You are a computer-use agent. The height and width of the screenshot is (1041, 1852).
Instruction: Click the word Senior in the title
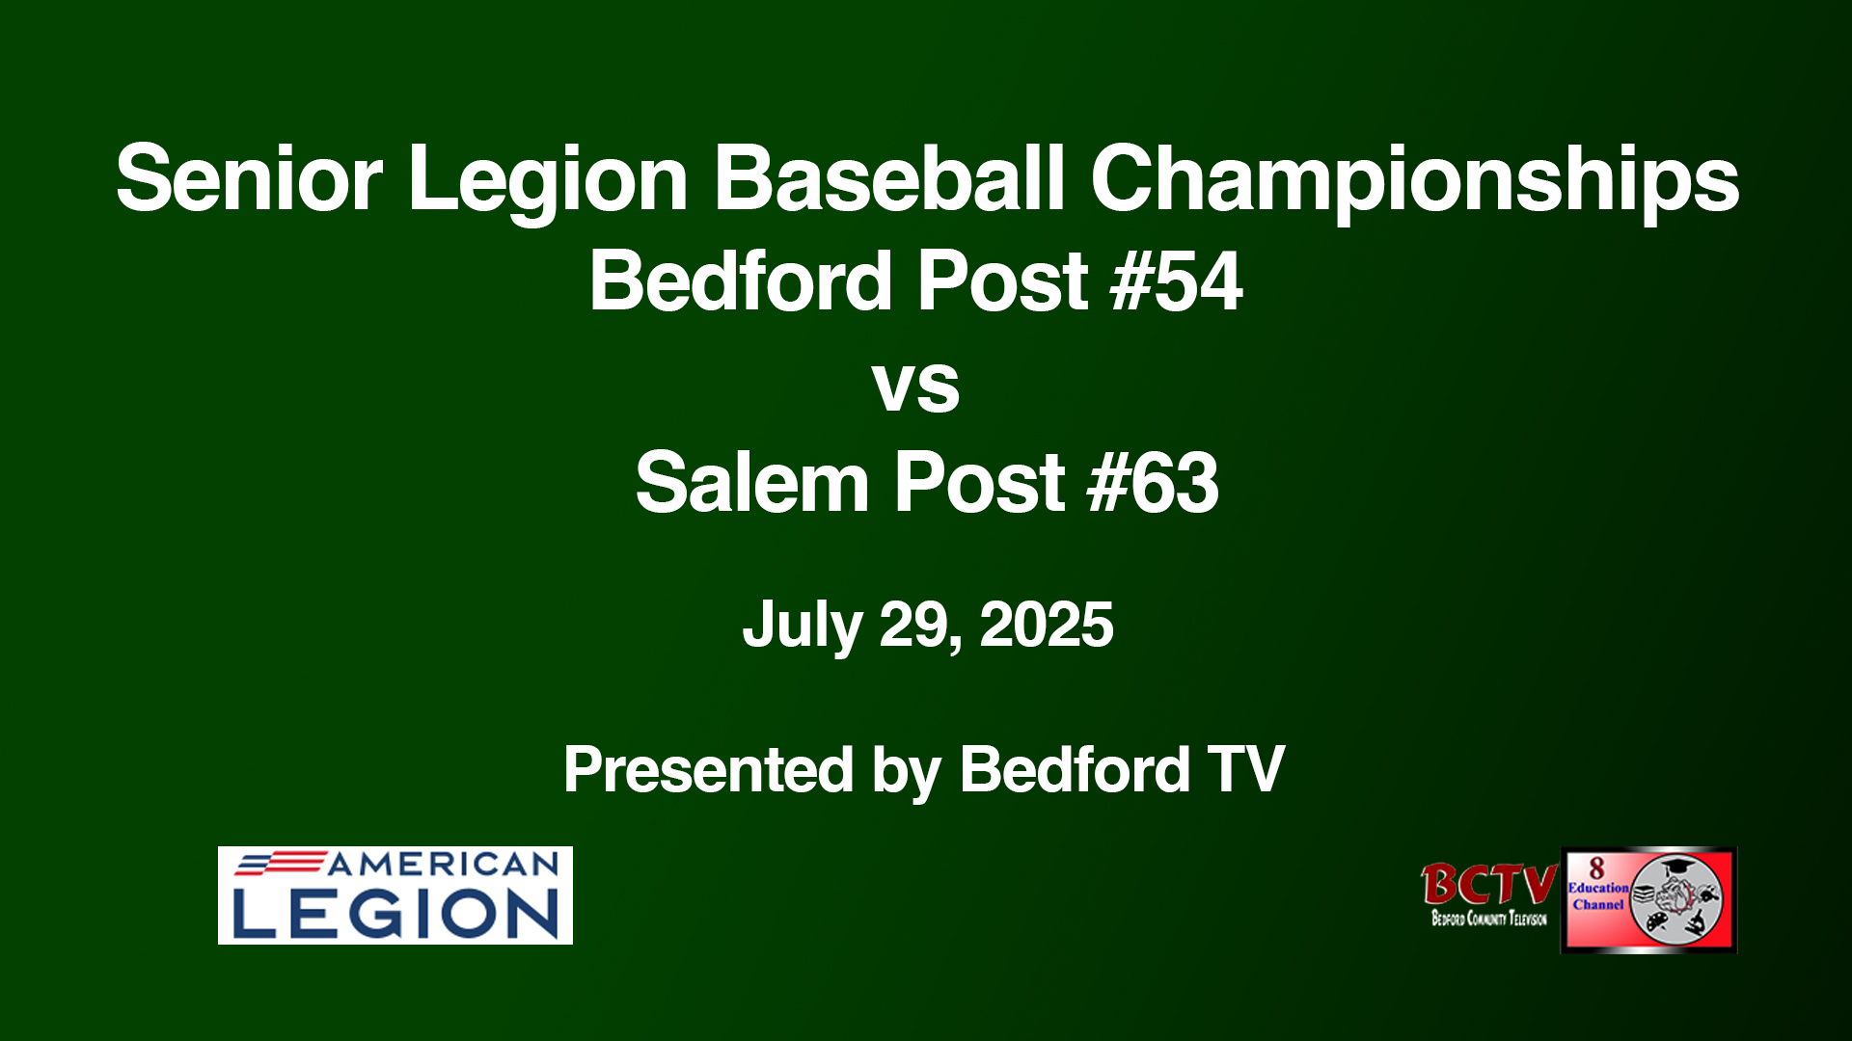pyautogui.click(x=250, y=178)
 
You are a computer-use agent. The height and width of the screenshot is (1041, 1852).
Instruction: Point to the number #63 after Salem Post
pyautogui.click(x=1153, y=483)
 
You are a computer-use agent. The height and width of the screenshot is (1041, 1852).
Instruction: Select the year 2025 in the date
pyautogui.click(x=1047, y=625)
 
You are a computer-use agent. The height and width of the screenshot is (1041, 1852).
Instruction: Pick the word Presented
pyautogui.click(x=709, y=769)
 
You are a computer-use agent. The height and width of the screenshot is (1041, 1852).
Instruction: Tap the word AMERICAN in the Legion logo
pyautogui.click(x=444, y=864)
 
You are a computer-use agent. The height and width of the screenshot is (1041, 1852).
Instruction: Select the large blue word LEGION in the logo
pyautogui.click(x=395, y=913)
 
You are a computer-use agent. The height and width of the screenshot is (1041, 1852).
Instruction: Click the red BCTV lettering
pyautogui.click(x=1489, y=884)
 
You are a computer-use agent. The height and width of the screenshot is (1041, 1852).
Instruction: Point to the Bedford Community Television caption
pyautogui.click(x=1489, y=919)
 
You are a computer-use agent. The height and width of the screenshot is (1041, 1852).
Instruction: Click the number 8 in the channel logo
pyautogui.click(x=1596, y=867)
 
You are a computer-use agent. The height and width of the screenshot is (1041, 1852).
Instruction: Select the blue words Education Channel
pyautogui.click(x=1598, y=896)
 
